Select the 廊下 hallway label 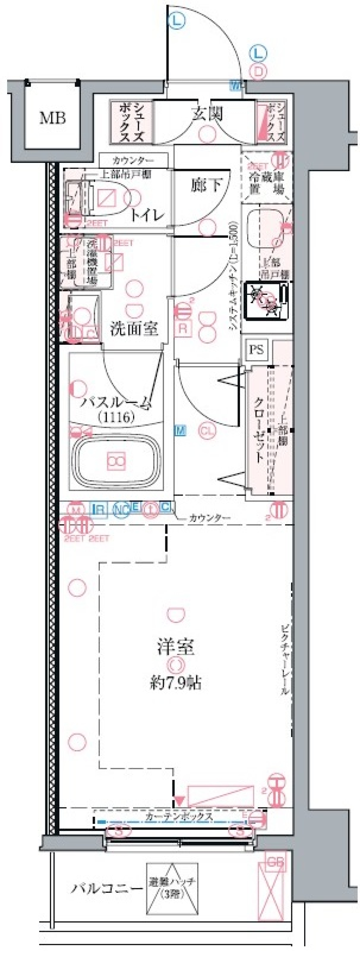coord(206,185)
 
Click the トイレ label coord(147,215)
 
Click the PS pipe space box coord(256,350)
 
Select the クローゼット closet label coord(259,430)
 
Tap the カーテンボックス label coord(179,816)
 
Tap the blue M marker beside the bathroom coord(180,431)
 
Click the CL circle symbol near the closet coord(207,431)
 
